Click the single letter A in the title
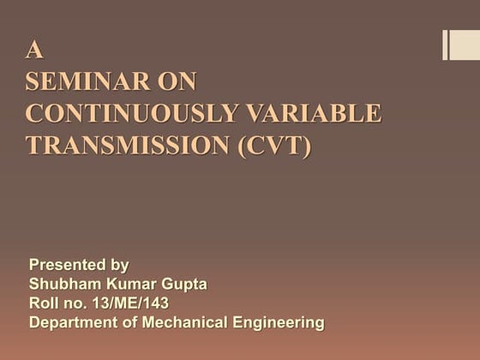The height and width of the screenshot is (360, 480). tap(34, 51)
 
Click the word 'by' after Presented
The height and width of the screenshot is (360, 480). tap(120, 266)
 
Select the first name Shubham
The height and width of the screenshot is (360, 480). tap(65, 285)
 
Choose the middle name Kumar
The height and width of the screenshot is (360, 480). tap(131, 285)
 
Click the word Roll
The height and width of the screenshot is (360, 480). tap(44, 303)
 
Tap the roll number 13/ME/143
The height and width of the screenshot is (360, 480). tap(126, 303)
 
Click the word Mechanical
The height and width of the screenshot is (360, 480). tap(184, 323)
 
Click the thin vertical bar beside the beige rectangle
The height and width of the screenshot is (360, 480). tap(445, 45)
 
